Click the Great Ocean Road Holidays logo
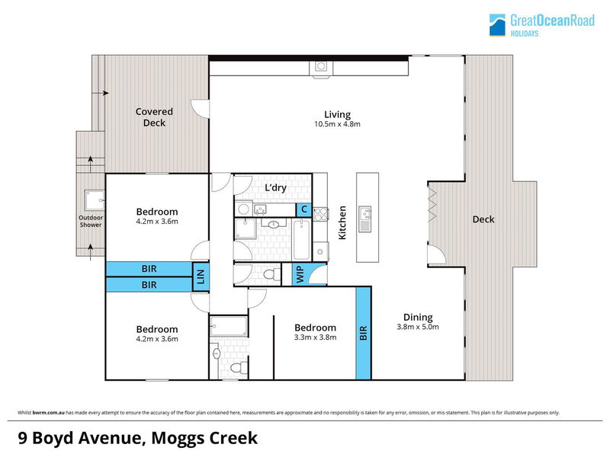[542, 25]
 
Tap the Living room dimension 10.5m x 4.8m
[337, 124]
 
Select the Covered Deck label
[154, 117]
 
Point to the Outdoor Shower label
[91, 221]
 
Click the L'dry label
[276, 187]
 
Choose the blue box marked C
[303, 210]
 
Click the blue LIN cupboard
[201, 276]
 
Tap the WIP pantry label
[300, 274]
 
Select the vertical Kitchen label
[342, 222]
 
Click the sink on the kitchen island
[365, 213]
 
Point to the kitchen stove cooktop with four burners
[320, 215]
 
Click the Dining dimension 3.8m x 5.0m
[418, 328]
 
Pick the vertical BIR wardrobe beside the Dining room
[364, 333]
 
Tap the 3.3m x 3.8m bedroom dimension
[315, 337]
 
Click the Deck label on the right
[483, 219]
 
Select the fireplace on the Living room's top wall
[321, 69]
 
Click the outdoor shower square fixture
[95, 200]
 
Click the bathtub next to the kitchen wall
[301, 240]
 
